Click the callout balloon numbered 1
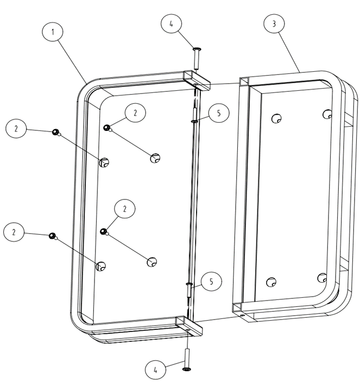[x=53, y=32]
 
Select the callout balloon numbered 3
[x=275, y=24]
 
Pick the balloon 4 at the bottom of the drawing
[x=156, y=370]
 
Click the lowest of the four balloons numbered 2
[x=15, y=232]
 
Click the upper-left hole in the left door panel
[x=104, y=161]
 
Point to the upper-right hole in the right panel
[x=327, y=114]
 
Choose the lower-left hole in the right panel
[x=271, y=281]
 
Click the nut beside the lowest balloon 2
[x=52, y=235]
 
